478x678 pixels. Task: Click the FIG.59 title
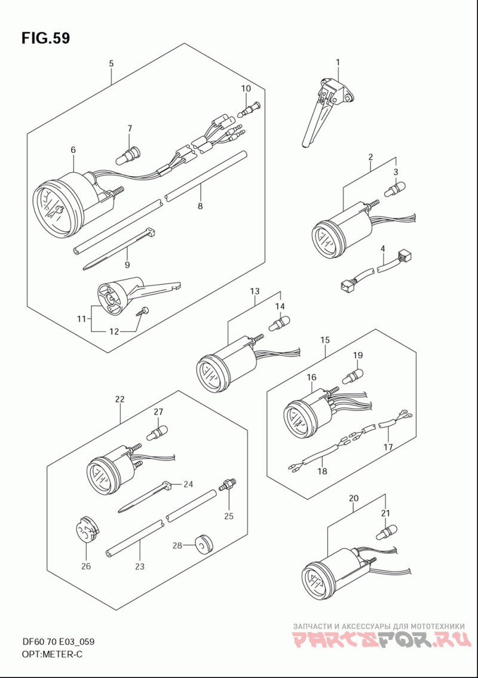[x=45, y=38]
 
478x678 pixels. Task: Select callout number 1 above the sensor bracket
[x=338, y=62]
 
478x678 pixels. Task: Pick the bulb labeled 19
[x=353, y=375]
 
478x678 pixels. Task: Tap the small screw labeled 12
[x=143, y=312]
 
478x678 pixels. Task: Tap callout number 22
[x=120, y=399]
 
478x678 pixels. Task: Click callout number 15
[x=325, y=340]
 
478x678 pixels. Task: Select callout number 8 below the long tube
[x=200, y=206]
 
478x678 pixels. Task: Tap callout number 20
[x=353, y=498]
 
